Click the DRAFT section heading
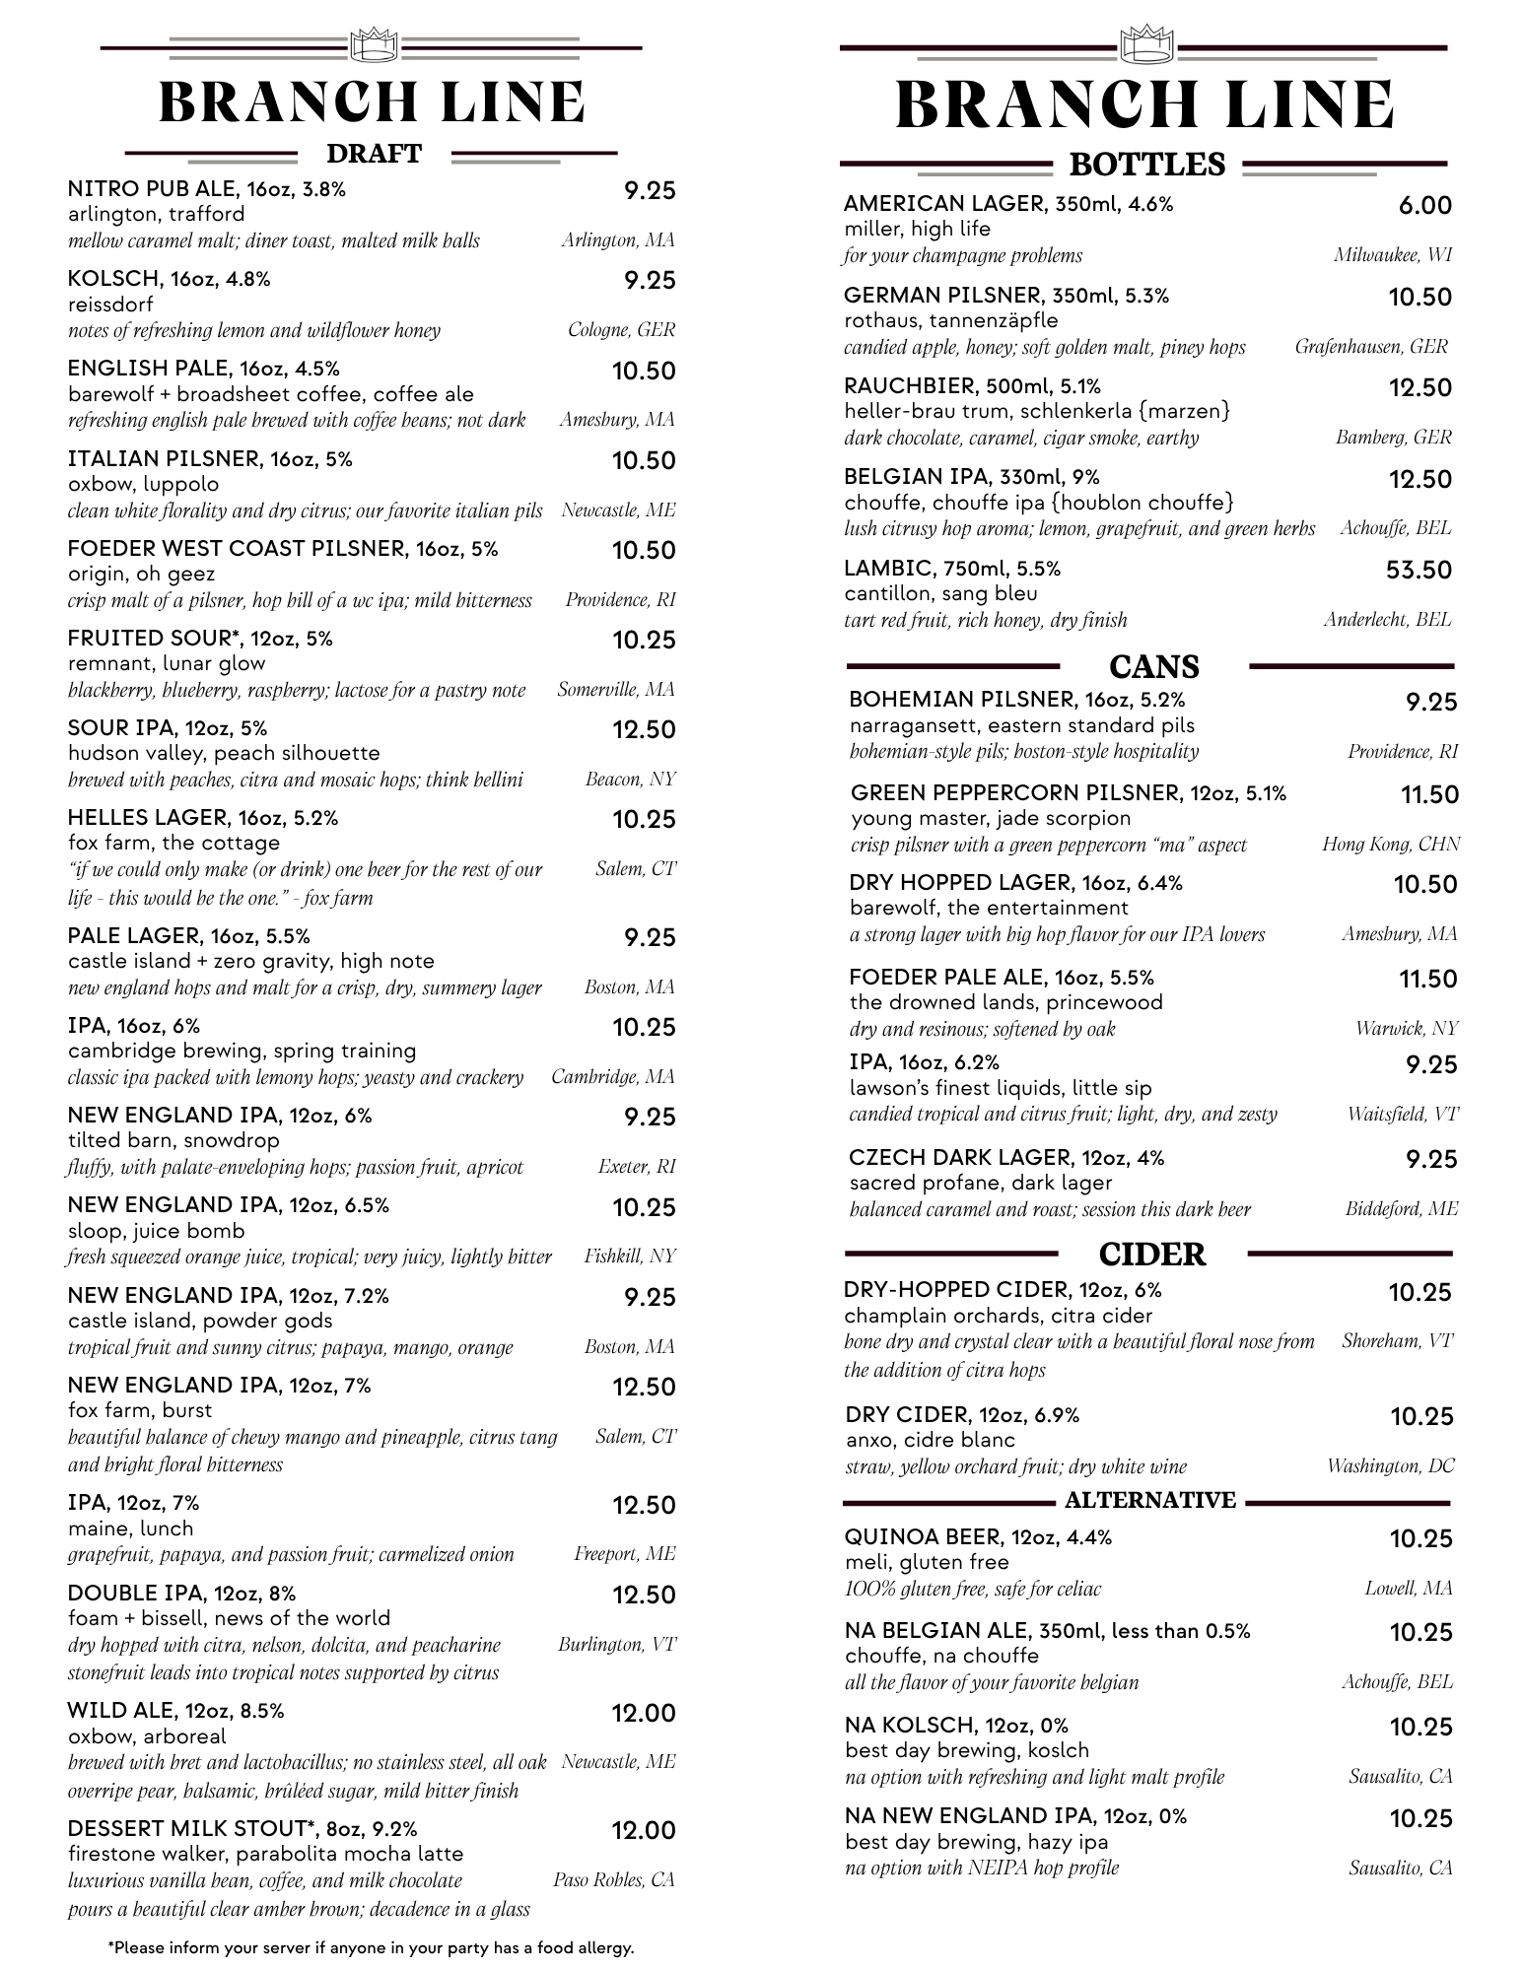coord(374,154)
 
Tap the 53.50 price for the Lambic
coord(1419,571)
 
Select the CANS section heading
coord(1153,667)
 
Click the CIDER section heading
coord(1151,1255)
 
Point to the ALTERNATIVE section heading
coord(1149,1500)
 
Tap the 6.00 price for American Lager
coord(1424,206)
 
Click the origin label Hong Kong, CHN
coord(1390,845)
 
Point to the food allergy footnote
coord(370,1947)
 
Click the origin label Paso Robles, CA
coord(613,1880)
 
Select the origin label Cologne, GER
coord(621,330)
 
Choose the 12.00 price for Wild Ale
coord(643,1714)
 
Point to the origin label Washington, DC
coord(1390,1466)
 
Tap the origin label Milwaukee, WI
coord(1392,255)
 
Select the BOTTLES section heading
coord(1146,165)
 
